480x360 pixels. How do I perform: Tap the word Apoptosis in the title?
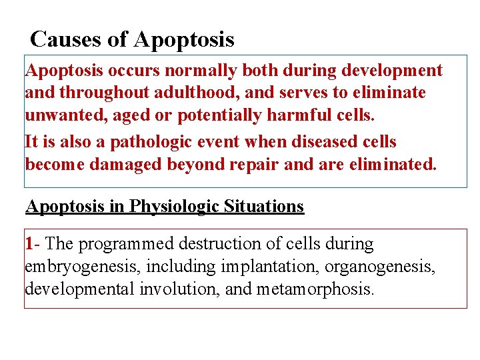coord(184,39)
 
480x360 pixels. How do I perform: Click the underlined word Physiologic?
coord(173,206)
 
